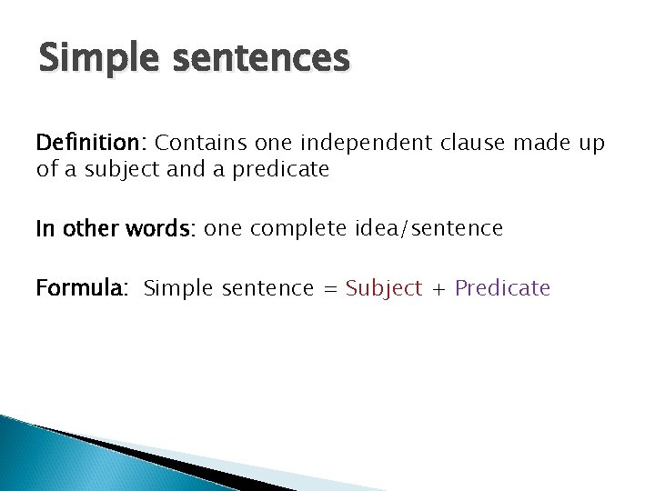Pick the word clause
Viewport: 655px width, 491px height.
pos(469,143)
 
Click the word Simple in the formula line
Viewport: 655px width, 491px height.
pos(176,288)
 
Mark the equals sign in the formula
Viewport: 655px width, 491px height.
pos(328,289)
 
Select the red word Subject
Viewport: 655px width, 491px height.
pos(384,288)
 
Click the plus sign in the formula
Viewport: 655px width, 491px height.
pos(438,289)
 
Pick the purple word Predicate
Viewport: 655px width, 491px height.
pos(502,288)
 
